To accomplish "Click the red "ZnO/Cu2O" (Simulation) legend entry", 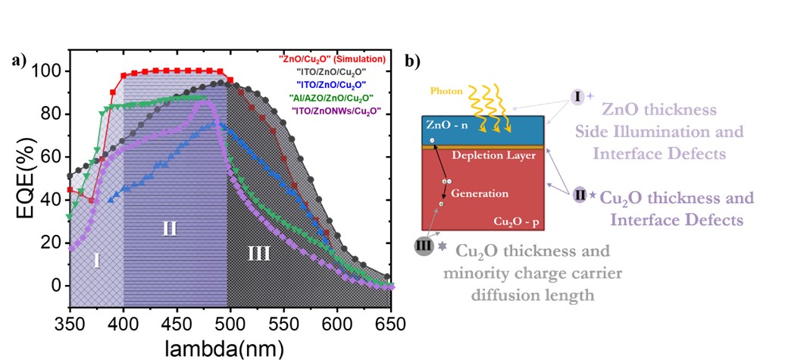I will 331,58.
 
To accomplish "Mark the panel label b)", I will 414,61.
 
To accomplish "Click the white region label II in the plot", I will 170,227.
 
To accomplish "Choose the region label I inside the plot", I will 97,260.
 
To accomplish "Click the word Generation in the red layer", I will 480,193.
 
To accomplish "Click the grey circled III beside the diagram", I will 425,246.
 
